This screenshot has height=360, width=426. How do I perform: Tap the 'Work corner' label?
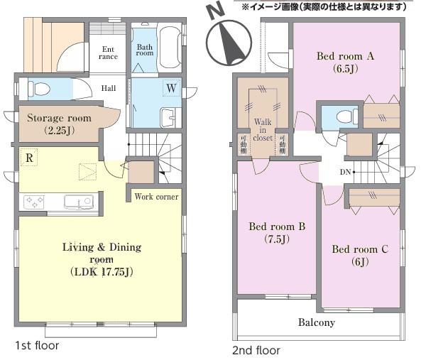click(x=156, y=196)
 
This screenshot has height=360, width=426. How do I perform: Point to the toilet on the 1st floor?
click(x=39, y=89)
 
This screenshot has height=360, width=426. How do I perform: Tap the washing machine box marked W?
click(x=171, y=88)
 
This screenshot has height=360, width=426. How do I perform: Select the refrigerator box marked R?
click(x=28, y=158)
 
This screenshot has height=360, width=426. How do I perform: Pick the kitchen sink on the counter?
click(x=77, y=202)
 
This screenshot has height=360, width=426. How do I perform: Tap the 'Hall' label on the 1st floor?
click(x=109, y=89)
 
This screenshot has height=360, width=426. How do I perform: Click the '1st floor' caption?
click(x=37, y=346)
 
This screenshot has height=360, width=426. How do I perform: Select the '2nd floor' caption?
click(x=256, y=350)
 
